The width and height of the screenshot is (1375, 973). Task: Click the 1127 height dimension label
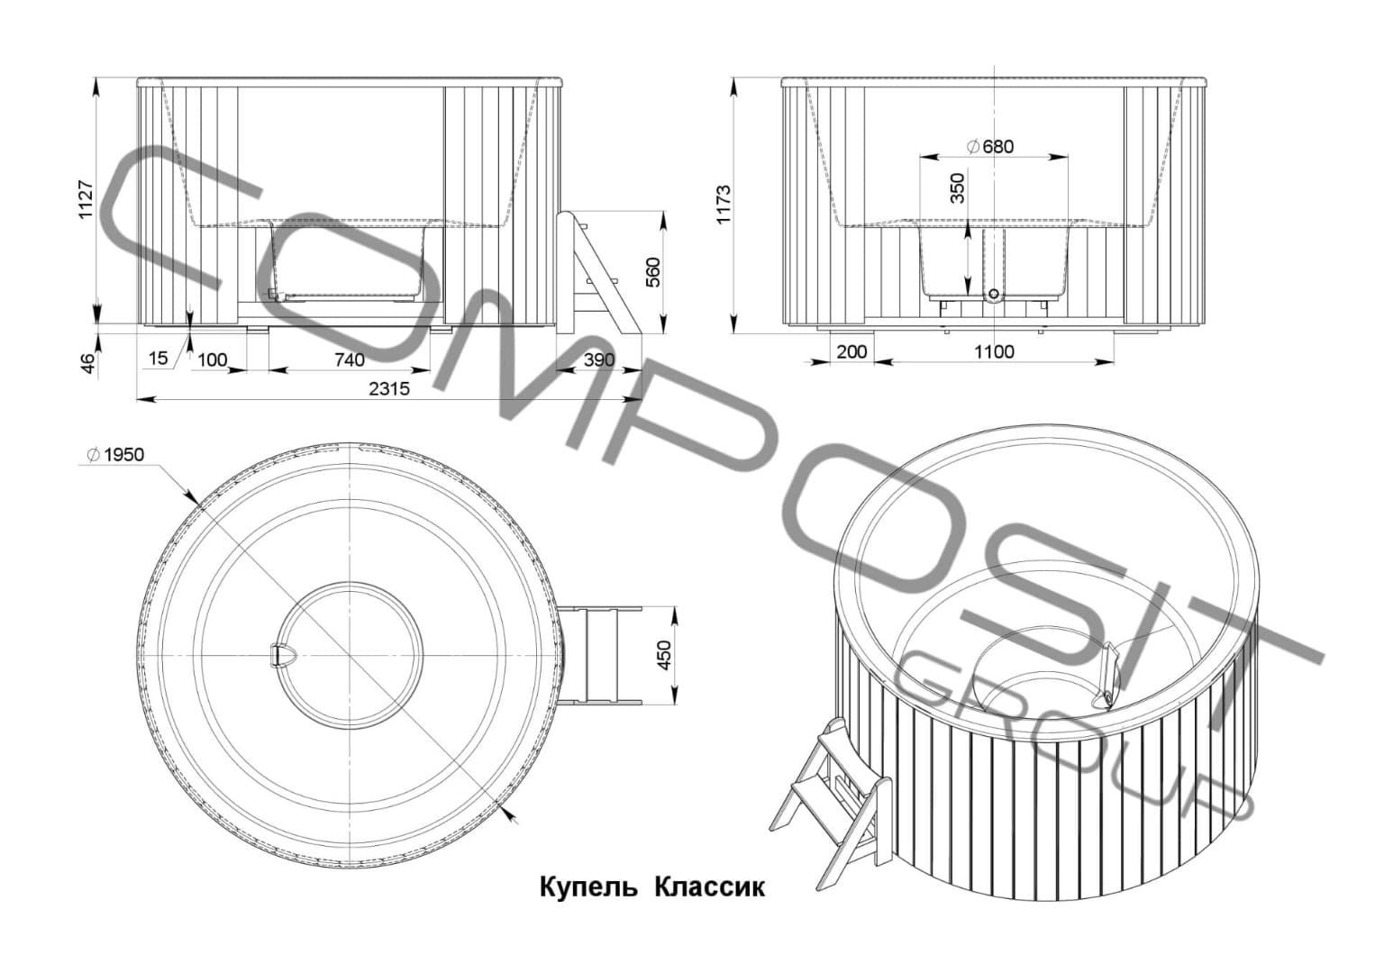coord(86,199)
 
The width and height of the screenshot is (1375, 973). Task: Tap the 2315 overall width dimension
coord(388,388)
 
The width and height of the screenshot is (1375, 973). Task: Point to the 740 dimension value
coord(349,360)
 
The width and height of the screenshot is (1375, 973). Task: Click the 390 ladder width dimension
coord(597,360)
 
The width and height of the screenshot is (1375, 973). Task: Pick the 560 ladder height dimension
coord(654,272)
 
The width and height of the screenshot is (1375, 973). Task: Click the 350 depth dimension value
coord(958,188)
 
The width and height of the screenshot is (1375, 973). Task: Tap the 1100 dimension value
coord(994,352)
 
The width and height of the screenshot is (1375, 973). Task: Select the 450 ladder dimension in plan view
coord(664,655)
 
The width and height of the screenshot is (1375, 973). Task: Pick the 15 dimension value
coord(158,359)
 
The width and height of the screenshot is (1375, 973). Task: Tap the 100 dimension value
coord(212,360)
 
